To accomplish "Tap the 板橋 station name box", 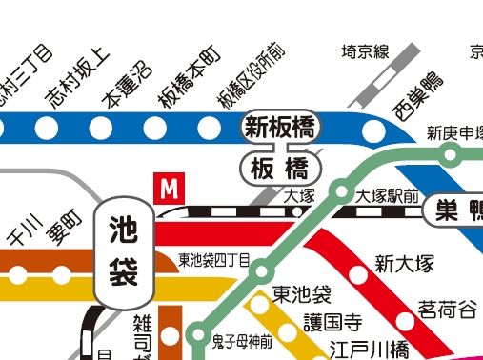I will tap(280, 169).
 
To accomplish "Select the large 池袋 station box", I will tap(125, 251).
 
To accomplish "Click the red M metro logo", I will tap(170, 189).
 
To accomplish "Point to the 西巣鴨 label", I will tap(417, 95).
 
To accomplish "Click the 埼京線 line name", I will tap(366, 52).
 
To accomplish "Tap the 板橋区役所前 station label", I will tap(251, 76).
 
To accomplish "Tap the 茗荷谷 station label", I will tap(447, 310).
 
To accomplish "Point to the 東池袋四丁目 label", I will tap(214, 259).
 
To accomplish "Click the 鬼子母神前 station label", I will tap(242, 340).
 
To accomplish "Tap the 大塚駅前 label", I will tap(386, 196).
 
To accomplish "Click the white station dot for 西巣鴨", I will tap(375, 130).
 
